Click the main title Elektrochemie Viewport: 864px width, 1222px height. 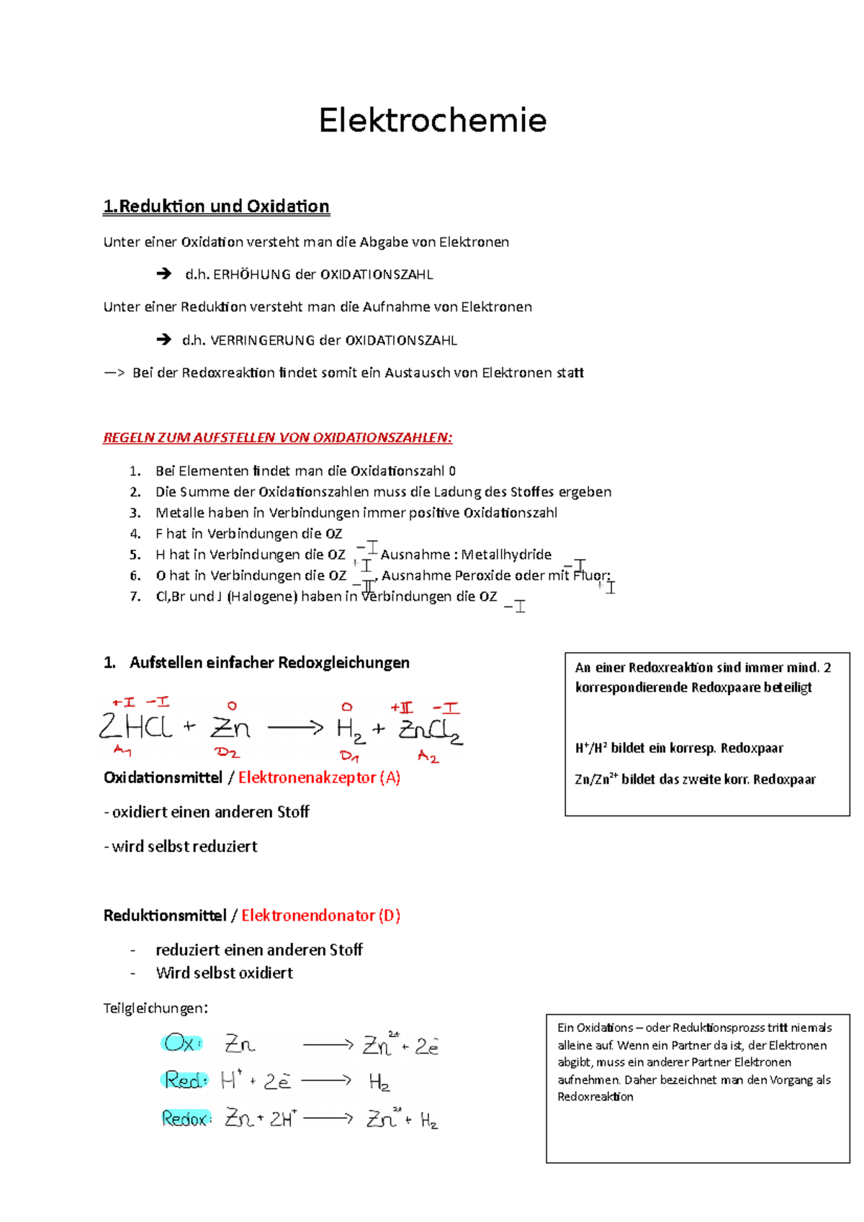(x=432, y=120)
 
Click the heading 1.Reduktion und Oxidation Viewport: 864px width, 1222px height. (x=216, y=207)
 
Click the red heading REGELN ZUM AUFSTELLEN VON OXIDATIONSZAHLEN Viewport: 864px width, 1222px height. (x=277, y=438)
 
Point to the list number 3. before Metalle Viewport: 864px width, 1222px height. (x=135, y=513)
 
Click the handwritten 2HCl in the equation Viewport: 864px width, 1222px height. (x=137, y=727)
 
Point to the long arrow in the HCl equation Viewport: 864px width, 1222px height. (x=295, y=728)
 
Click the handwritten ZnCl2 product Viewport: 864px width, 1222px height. (x=431, y=730)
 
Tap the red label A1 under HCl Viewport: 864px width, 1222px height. (x=122, y=751)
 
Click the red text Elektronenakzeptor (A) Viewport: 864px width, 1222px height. (x=319, y=778)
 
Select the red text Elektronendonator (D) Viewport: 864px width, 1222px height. (x=320, y=916)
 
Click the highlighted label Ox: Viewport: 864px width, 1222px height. (x=181, y=1043)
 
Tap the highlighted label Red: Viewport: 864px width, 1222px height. (x=185, y=1080)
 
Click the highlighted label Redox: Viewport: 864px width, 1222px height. (x=186, y=1118)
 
